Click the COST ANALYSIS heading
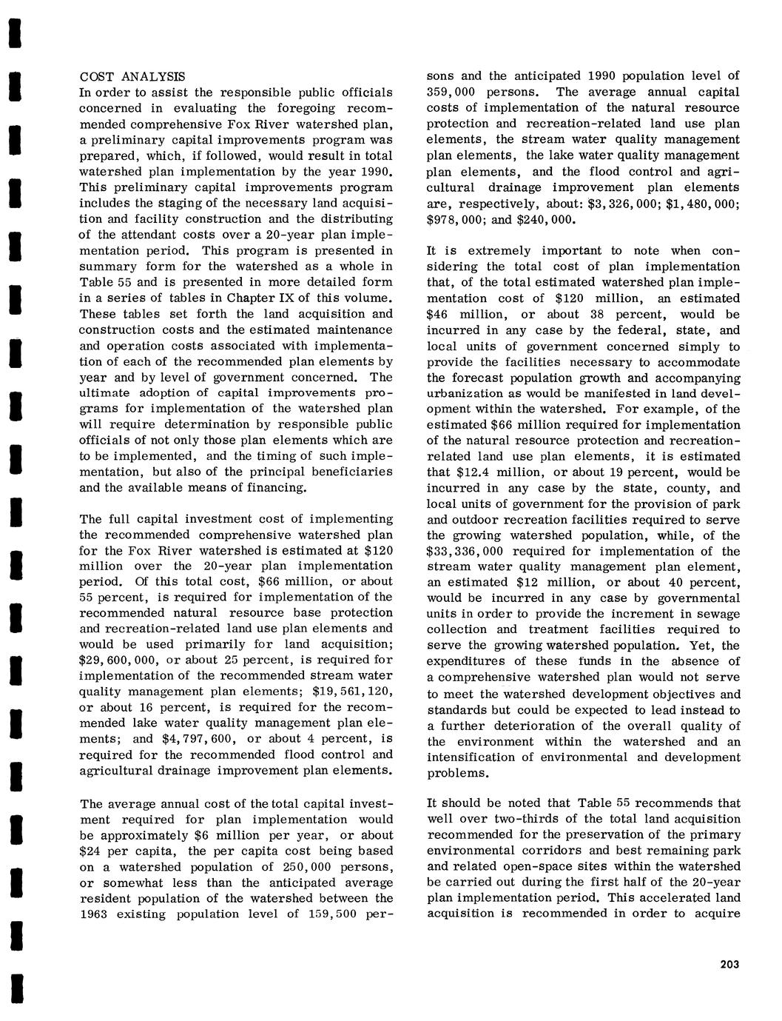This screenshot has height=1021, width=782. click(133, 76)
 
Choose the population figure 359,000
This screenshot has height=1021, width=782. click(456, 92)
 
